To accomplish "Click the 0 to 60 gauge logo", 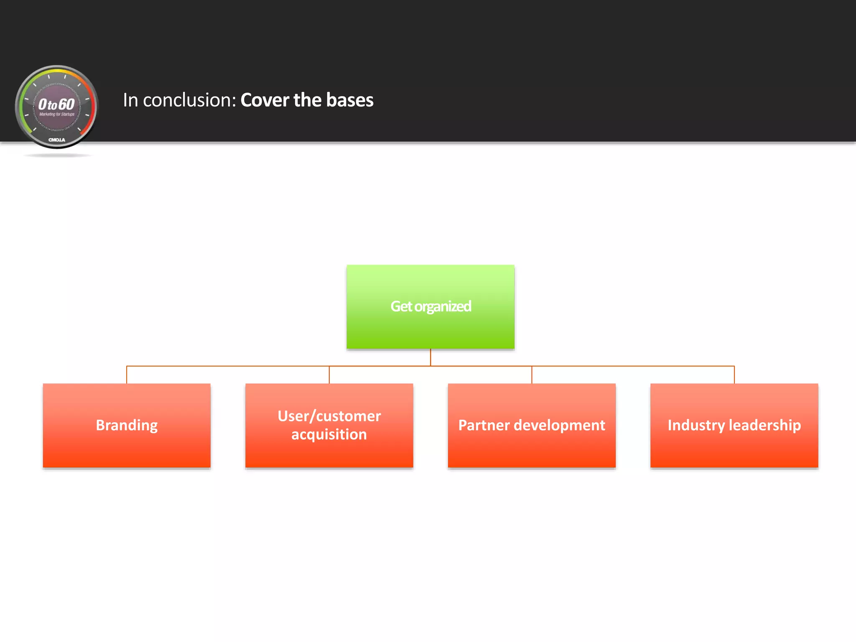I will pos(56,107).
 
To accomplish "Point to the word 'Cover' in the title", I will pos(265,100).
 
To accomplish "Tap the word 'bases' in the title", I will pos(350,100).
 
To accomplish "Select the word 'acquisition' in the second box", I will pos(329,435).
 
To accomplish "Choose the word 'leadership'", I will pos(765,425).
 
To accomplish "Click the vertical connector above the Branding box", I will pos(127,375).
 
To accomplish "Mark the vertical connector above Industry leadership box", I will pos(734,375).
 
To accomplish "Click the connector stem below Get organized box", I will pos(431,357).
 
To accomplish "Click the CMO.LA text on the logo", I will pos(57,140).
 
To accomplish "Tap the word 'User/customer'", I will pos(329,416).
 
